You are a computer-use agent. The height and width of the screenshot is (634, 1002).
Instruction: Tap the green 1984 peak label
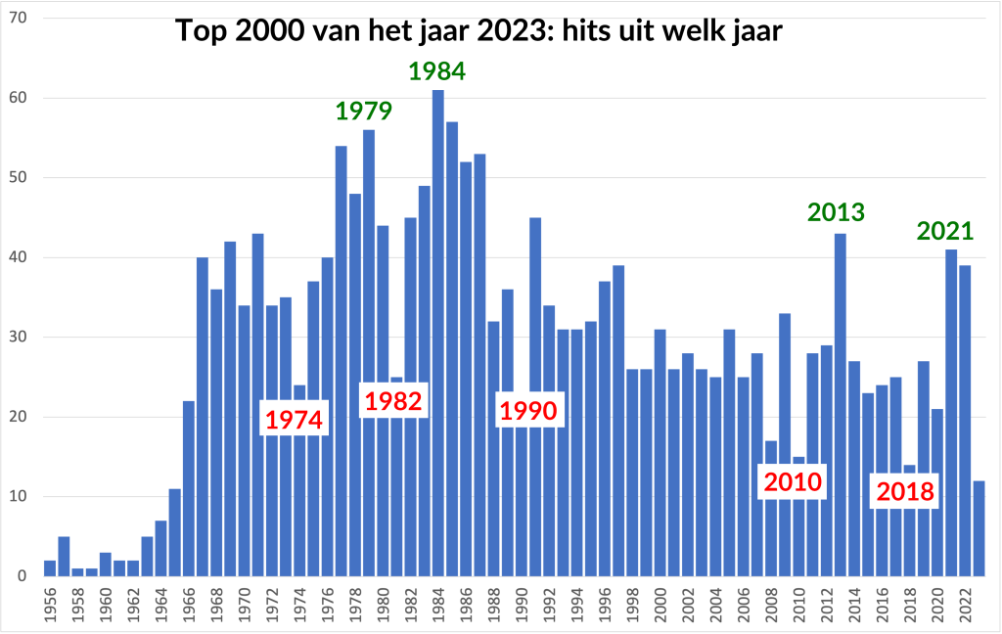click(436, 71)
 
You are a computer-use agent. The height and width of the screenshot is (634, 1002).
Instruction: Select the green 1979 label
click(364, 111)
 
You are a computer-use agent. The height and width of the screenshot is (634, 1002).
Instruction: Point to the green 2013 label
click(836, 212)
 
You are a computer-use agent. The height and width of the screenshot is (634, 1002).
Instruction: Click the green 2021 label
click(945, 232)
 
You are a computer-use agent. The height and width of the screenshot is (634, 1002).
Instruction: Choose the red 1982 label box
click(393, 400)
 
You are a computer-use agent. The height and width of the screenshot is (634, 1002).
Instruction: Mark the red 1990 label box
click(528, 411)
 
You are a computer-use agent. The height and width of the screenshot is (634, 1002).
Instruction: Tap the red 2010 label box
click(794, 481)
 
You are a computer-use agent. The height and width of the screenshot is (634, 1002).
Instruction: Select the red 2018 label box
click(905, 491)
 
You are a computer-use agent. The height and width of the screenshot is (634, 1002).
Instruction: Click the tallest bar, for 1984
click(438, 333)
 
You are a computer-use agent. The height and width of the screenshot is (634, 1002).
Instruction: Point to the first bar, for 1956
click(50, 568)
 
